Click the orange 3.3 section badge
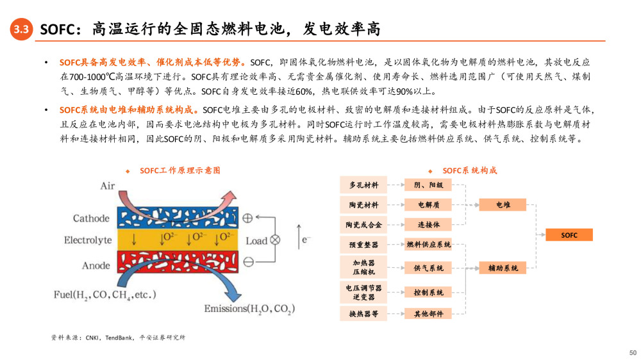tap(21, 29)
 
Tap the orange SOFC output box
tap(569, 235)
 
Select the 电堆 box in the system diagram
tap(503, 205)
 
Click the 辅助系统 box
tap(503, 268)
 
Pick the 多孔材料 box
tap(363, 185)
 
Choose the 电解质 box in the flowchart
tap(428, 205)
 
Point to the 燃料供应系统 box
tap(428, 244)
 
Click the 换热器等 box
tap(363, 314)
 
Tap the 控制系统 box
tap(428, 293)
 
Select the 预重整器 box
tap(363, 244)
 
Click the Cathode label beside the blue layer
tap(91, 218)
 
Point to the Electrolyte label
tap(88, 240)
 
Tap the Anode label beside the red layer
tap(96, 266)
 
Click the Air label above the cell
tap(108, 186)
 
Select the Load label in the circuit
tap(256, 241)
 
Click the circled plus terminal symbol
tap(247, 218)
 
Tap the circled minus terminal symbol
tap(249, 262)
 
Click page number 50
tap(633, 353)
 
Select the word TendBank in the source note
tap(119, 338)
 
